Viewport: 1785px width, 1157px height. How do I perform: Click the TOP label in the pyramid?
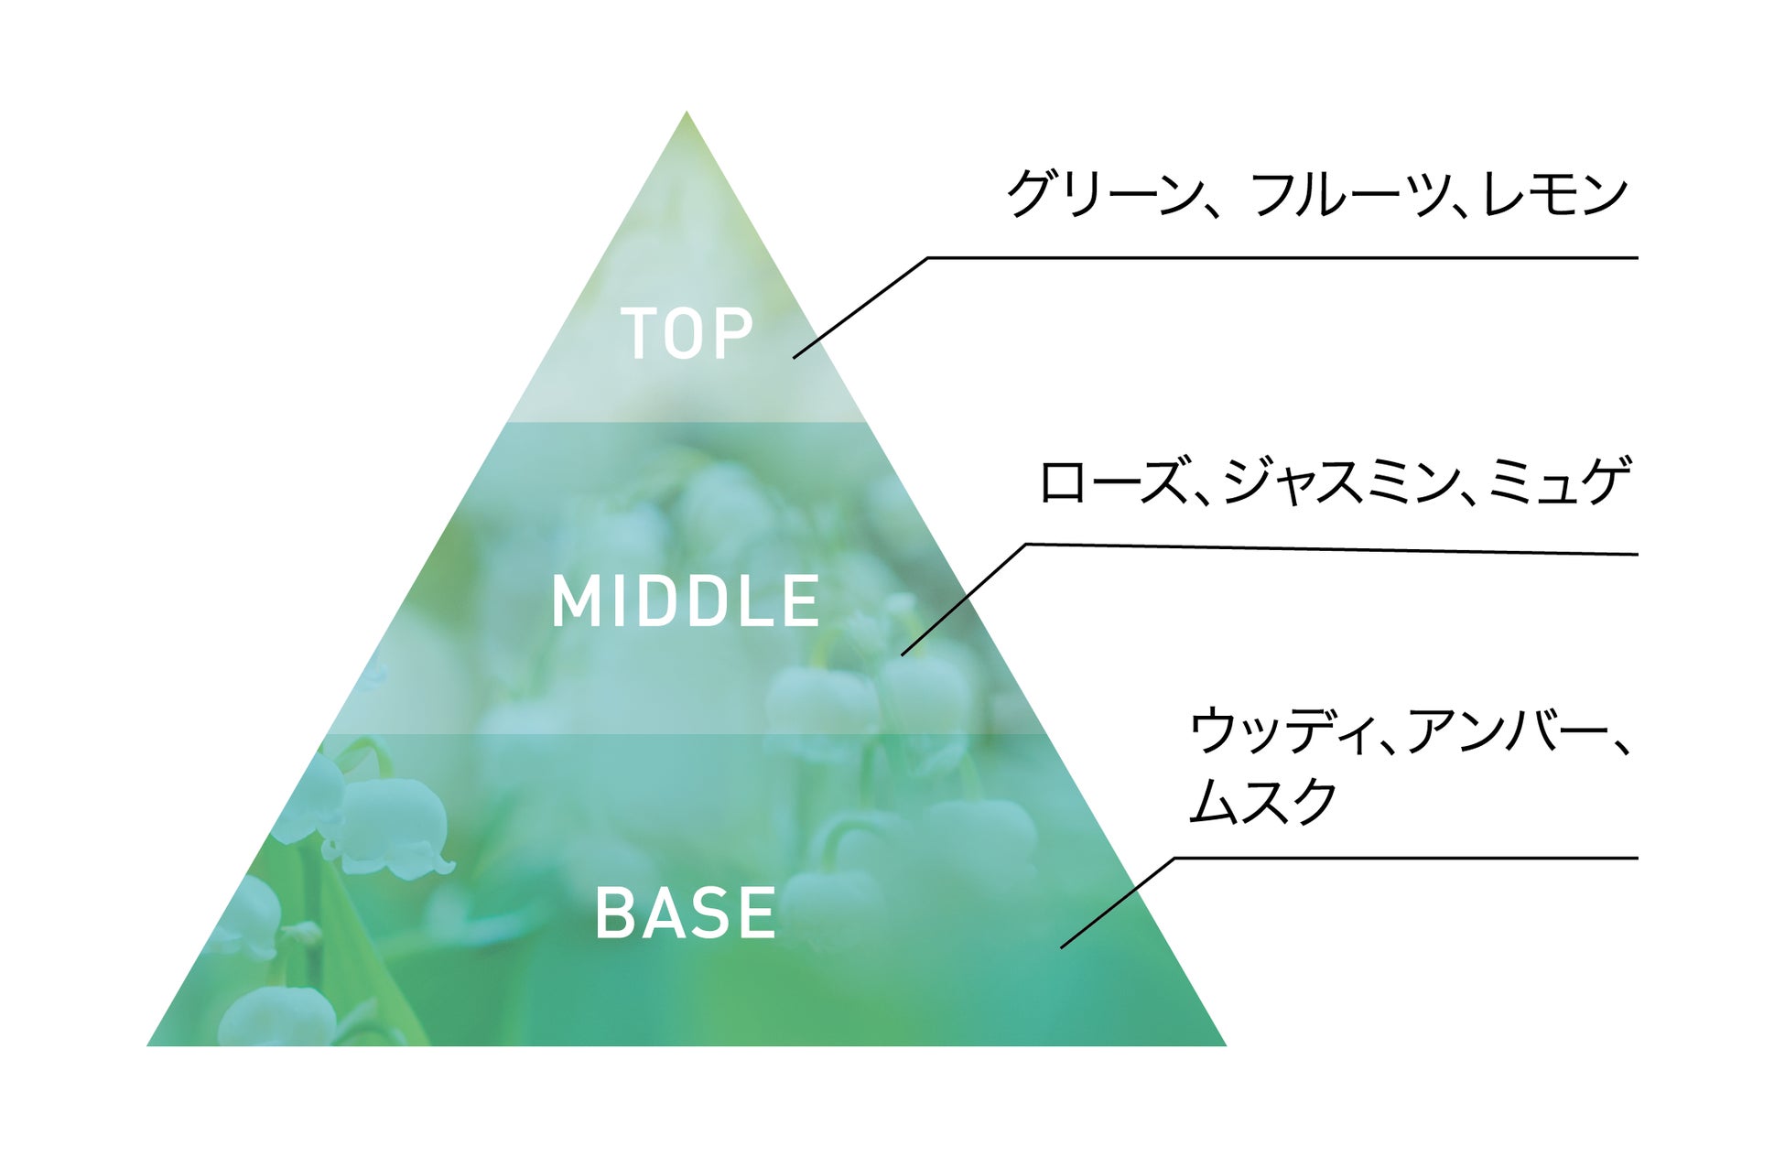coord(687,333)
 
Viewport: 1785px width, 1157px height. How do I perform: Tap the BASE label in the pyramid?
coord(686,913)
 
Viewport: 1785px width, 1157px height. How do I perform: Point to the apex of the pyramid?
coord(687,114)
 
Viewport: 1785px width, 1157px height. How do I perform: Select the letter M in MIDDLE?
coord(573,601)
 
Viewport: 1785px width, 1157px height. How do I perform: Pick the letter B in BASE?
coord(615,913)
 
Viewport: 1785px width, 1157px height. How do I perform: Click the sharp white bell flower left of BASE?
coord(389,828)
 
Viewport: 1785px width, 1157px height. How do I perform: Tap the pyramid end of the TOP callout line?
coord(795,357)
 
